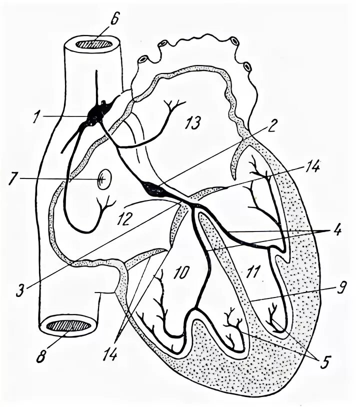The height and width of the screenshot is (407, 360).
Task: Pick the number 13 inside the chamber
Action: [x=191, y=121]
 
